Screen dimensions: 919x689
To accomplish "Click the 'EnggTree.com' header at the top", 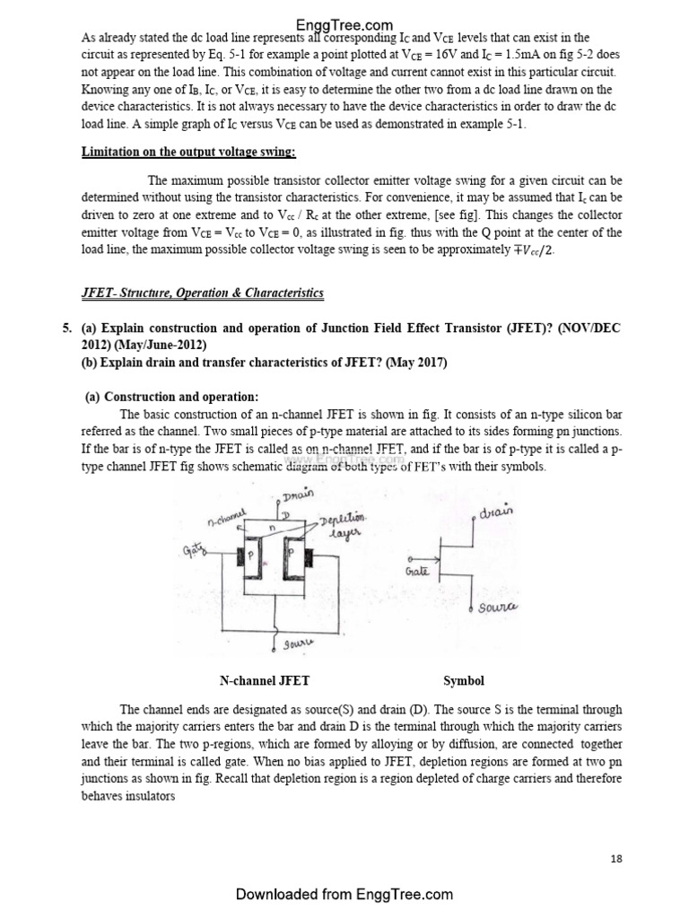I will click(344, 25).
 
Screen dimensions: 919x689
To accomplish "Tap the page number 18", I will click(615, 859).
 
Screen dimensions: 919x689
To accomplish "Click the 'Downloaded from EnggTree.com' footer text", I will click(344, 894).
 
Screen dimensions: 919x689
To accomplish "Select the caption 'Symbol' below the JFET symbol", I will click(464, 681).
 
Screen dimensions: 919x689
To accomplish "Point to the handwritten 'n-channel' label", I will click(226, 518).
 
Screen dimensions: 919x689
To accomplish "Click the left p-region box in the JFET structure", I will click(252, 557).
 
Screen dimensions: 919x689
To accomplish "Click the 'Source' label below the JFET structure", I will click(298, 644).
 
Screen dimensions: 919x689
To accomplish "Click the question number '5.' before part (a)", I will click(67, 328).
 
